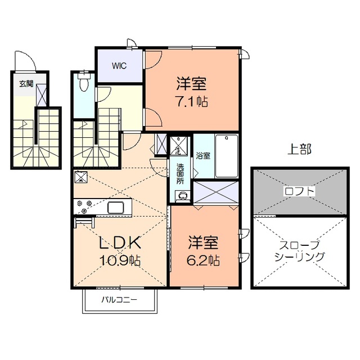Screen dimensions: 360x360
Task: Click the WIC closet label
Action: (119, 65)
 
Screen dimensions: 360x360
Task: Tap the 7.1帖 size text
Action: (192, 102)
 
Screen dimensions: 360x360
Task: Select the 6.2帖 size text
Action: (203, 261)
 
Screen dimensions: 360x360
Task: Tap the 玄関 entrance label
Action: (26, 84)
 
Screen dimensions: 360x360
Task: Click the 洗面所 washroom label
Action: (180, 174)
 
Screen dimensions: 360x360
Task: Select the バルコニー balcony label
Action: (119, 299)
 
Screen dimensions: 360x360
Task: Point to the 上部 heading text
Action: (300, 150)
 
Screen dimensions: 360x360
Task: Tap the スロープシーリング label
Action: (299, 250)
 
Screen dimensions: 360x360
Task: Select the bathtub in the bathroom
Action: (226, 156)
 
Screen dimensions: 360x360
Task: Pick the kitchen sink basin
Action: (119, 207)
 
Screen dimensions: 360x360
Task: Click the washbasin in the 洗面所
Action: (182, 196)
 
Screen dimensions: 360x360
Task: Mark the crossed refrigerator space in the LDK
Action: (80, 178)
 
